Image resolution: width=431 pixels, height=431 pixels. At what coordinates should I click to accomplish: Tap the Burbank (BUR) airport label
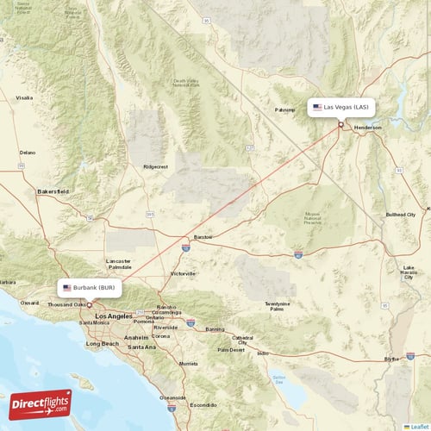[x=90, y=287]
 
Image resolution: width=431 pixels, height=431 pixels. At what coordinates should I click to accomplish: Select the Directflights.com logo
[x=40, y=403]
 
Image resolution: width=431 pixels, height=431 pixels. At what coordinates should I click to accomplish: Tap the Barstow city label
[x=203, y=235]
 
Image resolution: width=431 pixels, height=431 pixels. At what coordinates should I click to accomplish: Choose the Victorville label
[x=183, y=273]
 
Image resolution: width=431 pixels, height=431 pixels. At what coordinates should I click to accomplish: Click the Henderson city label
[x=367, y=128]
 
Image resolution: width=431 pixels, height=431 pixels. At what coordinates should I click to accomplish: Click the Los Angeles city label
[x=112, y=316]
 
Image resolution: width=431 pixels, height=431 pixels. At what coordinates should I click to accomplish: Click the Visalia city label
[x=23, y=98]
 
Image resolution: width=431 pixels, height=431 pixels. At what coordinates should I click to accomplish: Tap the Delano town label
[x=28, y=152]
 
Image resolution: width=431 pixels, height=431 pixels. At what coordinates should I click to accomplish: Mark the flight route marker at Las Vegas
[x=340, y=125]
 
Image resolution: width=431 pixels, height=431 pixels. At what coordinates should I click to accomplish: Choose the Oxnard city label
[x=30, y=303]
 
